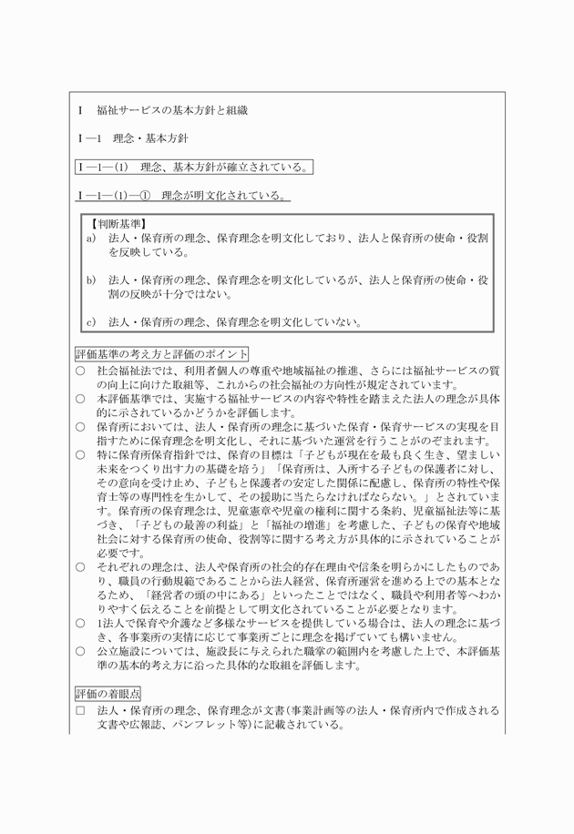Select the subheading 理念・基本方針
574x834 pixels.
(150, 138)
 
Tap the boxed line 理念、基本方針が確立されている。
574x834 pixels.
(227, 167)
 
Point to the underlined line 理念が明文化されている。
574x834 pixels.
(225, 195)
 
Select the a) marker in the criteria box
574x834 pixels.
(91, 238)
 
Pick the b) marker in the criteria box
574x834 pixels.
(91, 280)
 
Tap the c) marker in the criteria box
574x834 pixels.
(91, 321)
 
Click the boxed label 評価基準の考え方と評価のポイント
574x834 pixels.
(161, 353)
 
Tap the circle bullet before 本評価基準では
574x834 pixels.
(80, 398)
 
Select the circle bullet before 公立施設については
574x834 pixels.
(80, 652)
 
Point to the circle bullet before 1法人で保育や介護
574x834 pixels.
(80, 624)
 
